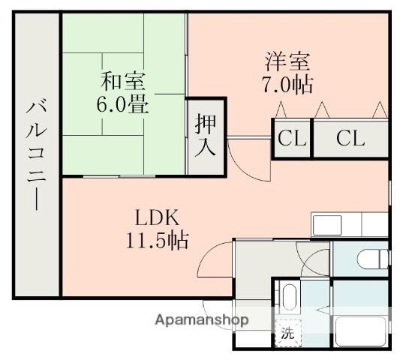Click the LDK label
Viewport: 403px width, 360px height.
click(157, 218)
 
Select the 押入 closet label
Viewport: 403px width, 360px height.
click(206, 135)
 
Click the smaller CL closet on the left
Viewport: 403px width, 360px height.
click(291, 139)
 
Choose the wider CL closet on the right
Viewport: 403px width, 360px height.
click(350, 139)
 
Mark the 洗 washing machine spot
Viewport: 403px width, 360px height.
click(287, 334)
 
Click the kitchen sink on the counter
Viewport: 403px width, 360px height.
click(327, 224)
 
